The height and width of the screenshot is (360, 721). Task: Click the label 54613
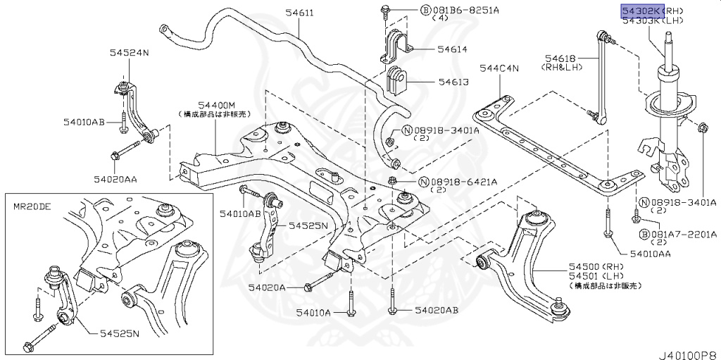[x=453, y=82]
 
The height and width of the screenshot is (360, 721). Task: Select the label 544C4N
[x=499, y=68]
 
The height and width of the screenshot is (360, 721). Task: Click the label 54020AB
[x=437, y=310]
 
